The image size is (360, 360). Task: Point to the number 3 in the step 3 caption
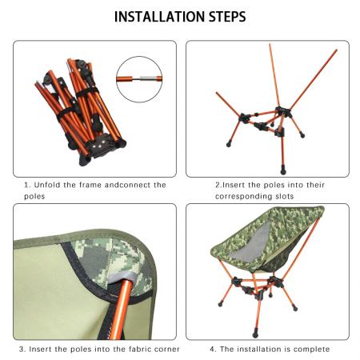point(22,349)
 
